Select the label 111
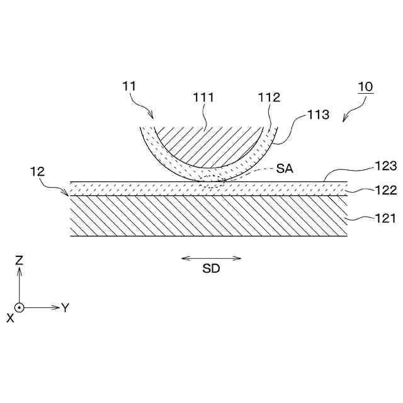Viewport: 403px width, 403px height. coord(203,98)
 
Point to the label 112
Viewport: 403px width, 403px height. coord(269,98)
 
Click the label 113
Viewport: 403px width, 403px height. coord(317,115)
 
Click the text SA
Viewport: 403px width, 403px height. coord(285,169)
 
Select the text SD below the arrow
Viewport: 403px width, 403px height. coord(211,269)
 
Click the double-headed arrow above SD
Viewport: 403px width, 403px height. coord(211,258)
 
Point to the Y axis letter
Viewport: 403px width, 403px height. coord(65,308)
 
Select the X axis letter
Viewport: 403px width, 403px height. coord(10,319)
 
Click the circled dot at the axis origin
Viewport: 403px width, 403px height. coord(20,308)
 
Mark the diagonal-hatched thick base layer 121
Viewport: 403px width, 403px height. coord(208,215)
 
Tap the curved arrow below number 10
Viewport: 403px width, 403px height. coord(352,112)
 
